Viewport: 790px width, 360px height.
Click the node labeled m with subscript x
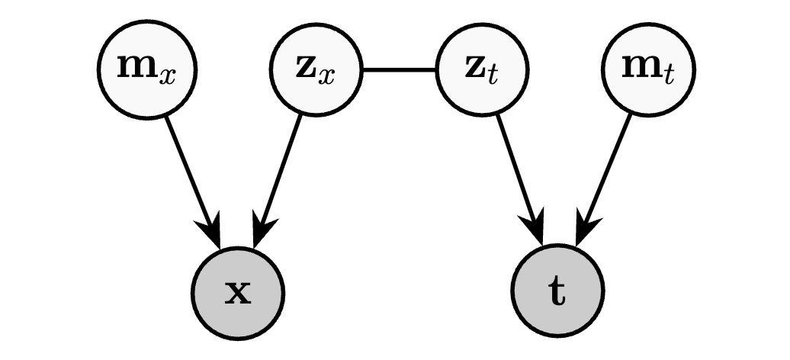pos(147,69)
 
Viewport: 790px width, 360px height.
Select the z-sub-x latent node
pos(315,69)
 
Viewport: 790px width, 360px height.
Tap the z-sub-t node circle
pos(482,69)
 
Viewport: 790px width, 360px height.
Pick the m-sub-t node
pos(649,69)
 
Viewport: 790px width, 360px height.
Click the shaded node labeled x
pos(238,292)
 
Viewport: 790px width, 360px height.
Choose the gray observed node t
pos(557,292)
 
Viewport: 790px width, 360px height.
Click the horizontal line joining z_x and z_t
pos(399,70)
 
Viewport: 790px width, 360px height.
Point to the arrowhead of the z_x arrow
pos(262,232)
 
